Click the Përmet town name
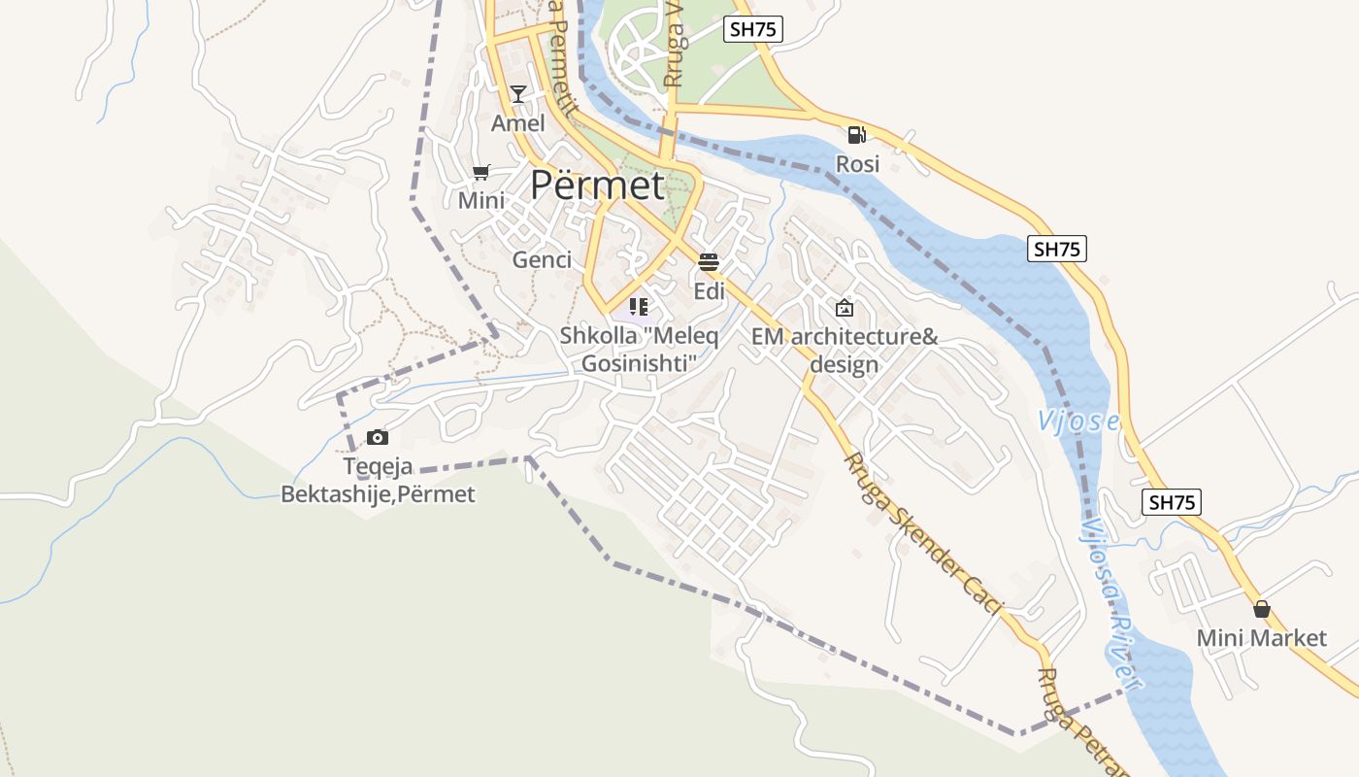click(x=597, y=185)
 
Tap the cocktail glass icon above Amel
click(x=518, y=93)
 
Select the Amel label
click(x=518, y=123)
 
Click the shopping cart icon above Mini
click(x=481, y=173)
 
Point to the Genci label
click(x=542, y=260)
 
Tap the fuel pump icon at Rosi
click(x=856, y=135)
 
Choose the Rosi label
click(x=857, y=164)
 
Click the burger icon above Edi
click(x=709, y=261)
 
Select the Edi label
click(x=709, y=291)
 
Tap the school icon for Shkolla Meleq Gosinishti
click(x=638, y=307)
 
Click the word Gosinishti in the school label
click(x=640, y=364)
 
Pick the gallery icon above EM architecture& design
click(x=845, y=308)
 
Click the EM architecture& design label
click(x=845, y=351)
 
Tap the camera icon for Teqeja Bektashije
click(x=378, y=438)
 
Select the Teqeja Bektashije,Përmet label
click(x=378, y=481)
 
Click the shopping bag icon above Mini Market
click(x=1261, y=609)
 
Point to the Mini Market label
click(x=1261, y=638)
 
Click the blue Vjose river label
click(x=1078, y=422)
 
